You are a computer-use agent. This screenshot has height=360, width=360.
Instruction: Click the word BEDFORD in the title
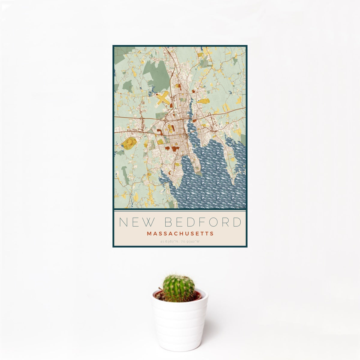click(x=203, y=222)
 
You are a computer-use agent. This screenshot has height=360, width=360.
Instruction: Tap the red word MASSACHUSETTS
click(x=180, y=233)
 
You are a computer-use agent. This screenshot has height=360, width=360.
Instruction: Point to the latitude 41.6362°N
click(x=170, y=241)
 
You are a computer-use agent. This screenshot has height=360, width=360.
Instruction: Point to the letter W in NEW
click(x=148, y=222)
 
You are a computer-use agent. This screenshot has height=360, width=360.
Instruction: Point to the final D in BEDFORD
click(x=237, y=222)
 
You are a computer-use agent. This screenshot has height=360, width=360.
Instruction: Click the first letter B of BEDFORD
click(x=169, y=222)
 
